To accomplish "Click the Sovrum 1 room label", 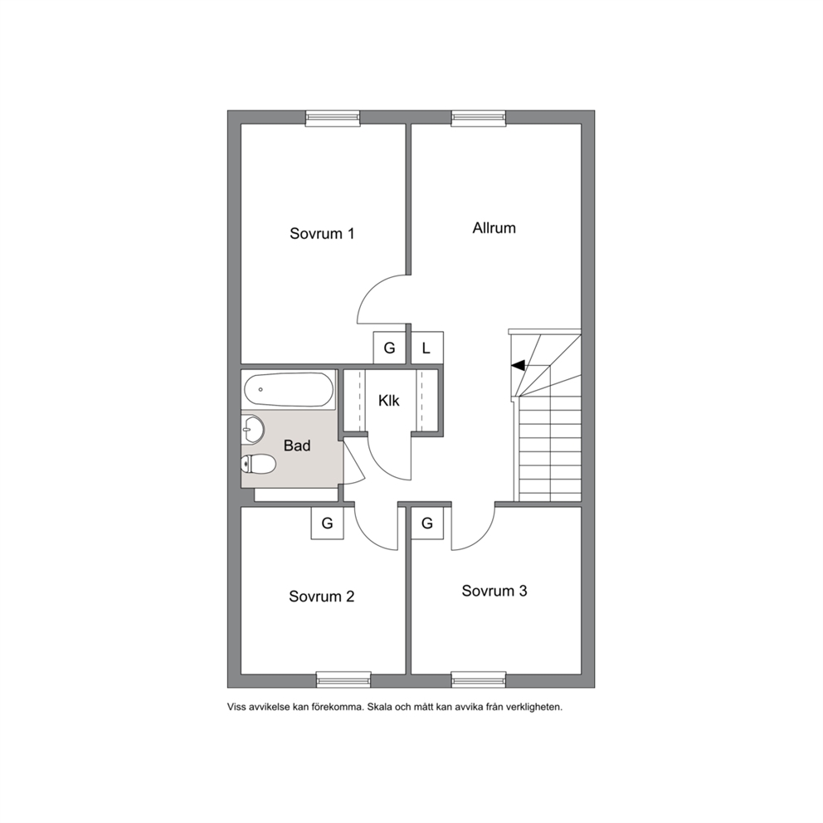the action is point(322,234).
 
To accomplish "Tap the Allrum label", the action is point(494,228).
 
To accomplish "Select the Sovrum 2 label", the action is point(322,597).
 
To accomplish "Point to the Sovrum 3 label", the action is point(494,591).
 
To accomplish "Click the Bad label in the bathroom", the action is point(297,446).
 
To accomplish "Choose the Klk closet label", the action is point(389,401).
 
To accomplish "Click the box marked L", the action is point(427,348).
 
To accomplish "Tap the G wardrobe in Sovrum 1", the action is point(389,348).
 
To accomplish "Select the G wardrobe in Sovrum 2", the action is point(328,524).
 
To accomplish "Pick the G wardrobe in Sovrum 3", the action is point(427,524).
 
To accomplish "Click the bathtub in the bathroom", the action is point(289,389).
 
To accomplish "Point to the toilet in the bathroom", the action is point(258,465).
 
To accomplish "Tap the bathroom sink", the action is point(252,431).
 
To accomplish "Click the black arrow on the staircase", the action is point(518,365).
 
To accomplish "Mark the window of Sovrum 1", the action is point(333,119).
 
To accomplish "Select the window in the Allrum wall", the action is point(479,119).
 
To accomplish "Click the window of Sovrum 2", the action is point(343,679).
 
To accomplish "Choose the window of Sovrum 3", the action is point(479,679).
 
